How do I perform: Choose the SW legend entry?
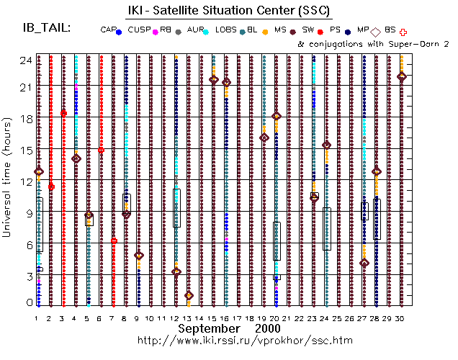310,31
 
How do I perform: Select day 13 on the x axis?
188,317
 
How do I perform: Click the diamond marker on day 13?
189,295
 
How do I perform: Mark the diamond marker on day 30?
401,76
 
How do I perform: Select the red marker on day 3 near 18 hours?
63,113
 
